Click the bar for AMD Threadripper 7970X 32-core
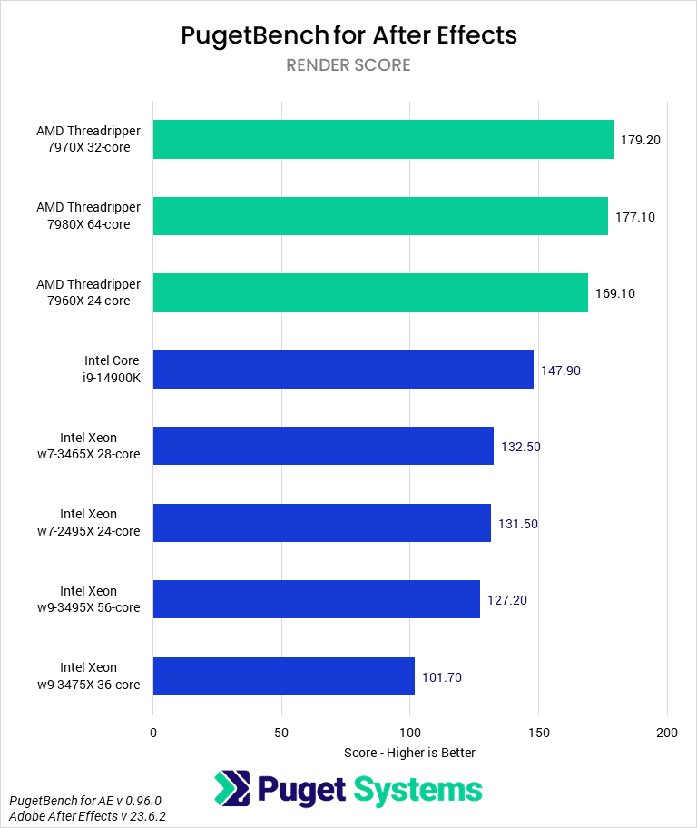pyautogui.click(x=383, y=140)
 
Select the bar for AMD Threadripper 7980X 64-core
pyautogui.click(x=380, y=216)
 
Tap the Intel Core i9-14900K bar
pyautogui.click(x=343, y=370)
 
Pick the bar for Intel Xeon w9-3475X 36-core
pyautogui.click(x=283, y=676)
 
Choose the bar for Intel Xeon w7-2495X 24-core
pyautogui.click(x=321, y=523)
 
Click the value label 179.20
pyautogui.click(x=640, y=141)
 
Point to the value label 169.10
pyautogui.click(x=614, y=293)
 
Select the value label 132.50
pyautogui.click(x=520, y=447)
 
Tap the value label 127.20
pyautogui.click(x=506, y=600)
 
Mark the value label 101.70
pyautogui.click(x=441, y=676)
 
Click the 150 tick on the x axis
pyautogui.click(x=538, y=733)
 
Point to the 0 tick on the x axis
pyautogui.click(x=153, y=733)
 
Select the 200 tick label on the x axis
pyautogui.click(x=667, y=733)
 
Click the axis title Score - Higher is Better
pyautogui.click(x=409, y=753)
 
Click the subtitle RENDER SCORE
pyautogui.click(x=348, y=65)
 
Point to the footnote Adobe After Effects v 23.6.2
pyautogui.click(x=87, y=816)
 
